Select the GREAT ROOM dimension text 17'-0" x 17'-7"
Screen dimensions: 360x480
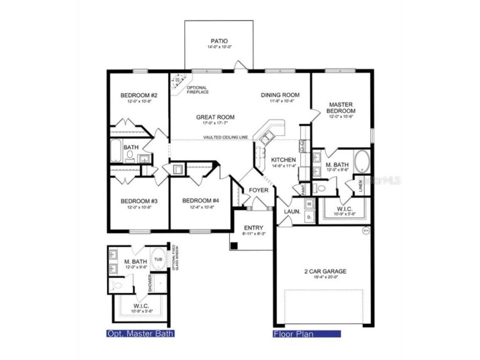pyautogui.click(x=215, y=123)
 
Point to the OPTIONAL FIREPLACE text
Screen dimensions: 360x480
pyautogui.click(x=198, y=90)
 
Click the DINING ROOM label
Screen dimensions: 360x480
pyautogui.click(x=280, y=95)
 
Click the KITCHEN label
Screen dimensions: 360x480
pyautogui.click(x=284, y=160)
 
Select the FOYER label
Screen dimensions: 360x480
pyautogui.click(x=258, y=190)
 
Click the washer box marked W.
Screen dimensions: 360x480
pyautogui.click(x=309, y=204)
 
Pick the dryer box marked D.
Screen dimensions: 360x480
pyautogui.click(x=309, y=217)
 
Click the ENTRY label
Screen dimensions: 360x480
pyautogui.click(x=254, y=228)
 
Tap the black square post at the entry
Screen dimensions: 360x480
pyautogui.click(x=235, y=245)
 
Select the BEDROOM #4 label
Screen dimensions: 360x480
pyautogui.click(x=201, y=201)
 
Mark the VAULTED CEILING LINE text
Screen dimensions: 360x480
pyautogui.click(x=225, y=137)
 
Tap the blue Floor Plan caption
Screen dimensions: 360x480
pyautogui.click(x=293, y=334)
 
